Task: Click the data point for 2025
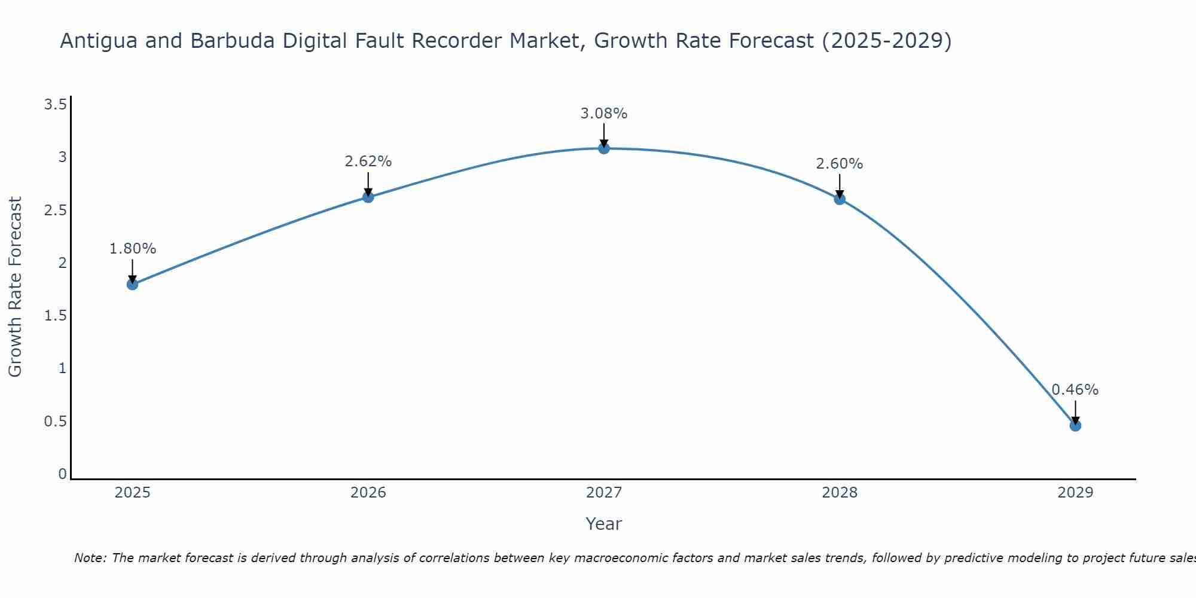[132, 284]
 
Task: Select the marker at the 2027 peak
[604, 148]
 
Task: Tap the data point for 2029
[1075, 426]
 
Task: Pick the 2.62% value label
[368, 161]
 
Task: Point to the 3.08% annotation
[604, 114]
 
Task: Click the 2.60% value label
[840, 164]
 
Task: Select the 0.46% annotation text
[1075, 390]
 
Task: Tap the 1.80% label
[133, 249]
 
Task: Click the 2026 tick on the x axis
[368, 493]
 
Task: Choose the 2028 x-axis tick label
[840, 493]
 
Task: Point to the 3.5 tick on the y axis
[56, 105]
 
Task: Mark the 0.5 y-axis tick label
[56, 422]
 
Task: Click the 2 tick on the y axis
[62, 263]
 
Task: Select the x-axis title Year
[604, 524]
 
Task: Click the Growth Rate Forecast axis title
[15, 287]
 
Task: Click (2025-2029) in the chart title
[886, 41]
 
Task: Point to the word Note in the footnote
[90, 558]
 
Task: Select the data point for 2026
[368, 197]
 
